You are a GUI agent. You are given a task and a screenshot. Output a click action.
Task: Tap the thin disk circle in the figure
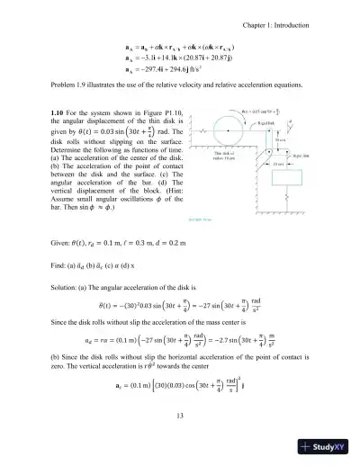tap(229, 132)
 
